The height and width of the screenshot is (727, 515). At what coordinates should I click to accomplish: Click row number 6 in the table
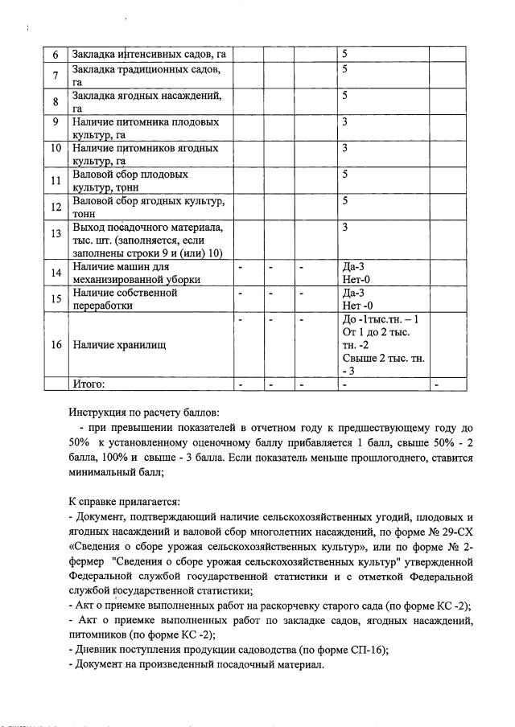click(x=56, y=55)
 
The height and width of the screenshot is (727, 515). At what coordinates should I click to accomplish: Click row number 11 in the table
click(x=56, y=181)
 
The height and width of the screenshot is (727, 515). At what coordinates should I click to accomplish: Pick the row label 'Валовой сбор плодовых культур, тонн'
click(x=130, y=180)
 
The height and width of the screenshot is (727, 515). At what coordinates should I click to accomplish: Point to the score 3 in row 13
click(x=344, y=228)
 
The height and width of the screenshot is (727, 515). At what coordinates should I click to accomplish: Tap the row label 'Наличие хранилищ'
click(x=119, y=345)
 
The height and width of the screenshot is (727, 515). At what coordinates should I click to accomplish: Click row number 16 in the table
click(x=56, y=345)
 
